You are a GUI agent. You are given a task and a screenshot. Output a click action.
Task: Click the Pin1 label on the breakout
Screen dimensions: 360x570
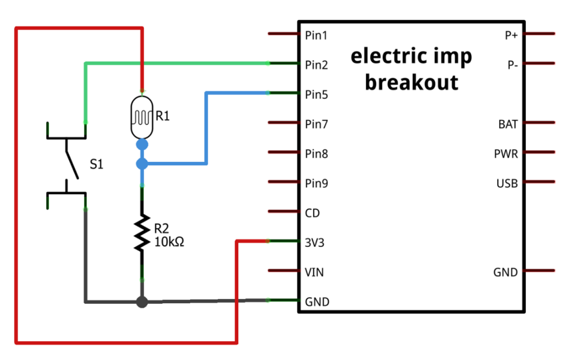coord(316,35)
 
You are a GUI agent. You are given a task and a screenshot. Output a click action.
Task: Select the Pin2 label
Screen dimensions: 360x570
coord(316,65)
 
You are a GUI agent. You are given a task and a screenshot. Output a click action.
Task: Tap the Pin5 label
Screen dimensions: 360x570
coord(316,94)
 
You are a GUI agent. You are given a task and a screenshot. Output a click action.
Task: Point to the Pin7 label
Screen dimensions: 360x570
coord(316,124)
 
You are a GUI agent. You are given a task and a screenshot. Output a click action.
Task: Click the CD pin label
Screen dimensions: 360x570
coord(312,213)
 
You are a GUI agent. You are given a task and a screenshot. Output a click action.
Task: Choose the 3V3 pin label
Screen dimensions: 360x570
coord(314,242)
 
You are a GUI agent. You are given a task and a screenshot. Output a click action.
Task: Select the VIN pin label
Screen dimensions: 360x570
coord(314,272)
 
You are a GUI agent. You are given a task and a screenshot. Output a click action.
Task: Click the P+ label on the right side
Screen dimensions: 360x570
coord(511,35)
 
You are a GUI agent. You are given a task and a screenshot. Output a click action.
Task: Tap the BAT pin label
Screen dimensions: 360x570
coord(508,124)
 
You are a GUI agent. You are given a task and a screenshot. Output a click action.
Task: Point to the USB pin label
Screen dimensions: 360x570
coord(507,183)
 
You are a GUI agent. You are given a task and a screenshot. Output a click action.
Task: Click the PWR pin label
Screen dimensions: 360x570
coord(506,153)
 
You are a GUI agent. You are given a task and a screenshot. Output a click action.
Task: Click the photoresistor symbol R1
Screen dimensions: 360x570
coord(141,114)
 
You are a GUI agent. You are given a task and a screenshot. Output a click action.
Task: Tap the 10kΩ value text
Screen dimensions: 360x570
coord(169,242)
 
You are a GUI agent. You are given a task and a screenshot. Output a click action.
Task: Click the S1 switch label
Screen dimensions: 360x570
coord(96,164)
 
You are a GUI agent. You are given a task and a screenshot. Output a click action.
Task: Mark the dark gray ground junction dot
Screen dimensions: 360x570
coord(141,302)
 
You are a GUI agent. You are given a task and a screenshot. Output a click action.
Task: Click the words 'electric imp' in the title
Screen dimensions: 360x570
coord(411,57)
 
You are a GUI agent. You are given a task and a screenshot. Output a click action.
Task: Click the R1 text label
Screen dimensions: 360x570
coord(163,116)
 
